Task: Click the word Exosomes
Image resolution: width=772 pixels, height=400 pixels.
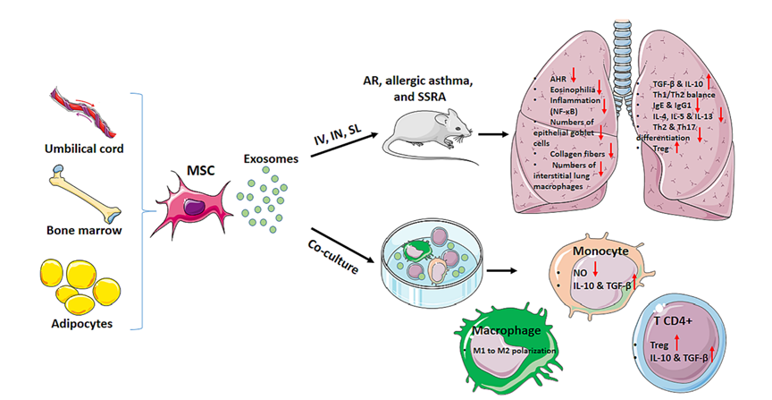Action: pos(272,159)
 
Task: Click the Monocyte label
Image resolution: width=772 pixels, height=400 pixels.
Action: pos(600,253)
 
